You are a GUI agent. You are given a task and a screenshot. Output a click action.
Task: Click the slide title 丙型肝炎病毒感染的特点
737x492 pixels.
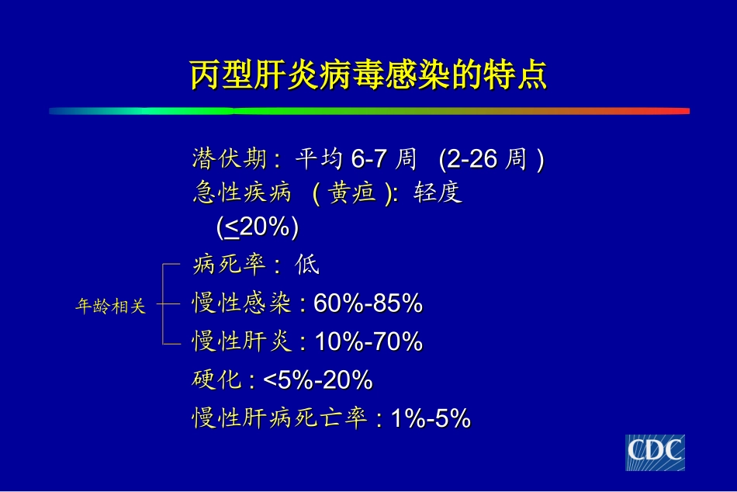(x=368, y=75)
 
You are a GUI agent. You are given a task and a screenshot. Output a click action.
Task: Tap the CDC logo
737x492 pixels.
(x=656, y=452)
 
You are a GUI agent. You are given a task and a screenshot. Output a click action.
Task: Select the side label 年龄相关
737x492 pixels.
(x=110, y=307)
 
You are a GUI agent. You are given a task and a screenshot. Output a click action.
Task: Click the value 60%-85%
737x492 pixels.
(x=368, y=304)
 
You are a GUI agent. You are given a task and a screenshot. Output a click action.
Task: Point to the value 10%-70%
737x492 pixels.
(x=368, y=342)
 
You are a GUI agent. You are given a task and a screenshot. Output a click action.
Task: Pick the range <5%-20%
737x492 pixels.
(x=318, y=381)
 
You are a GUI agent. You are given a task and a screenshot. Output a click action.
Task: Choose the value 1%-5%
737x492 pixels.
(x=431, y=419)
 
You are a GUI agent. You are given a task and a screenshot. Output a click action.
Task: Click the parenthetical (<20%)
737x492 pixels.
(x=258, y=228)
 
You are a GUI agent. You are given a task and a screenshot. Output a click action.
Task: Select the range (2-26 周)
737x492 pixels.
(x=491, y=160)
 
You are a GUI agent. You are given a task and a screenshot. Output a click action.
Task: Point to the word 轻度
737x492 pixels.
(x=438, y=192)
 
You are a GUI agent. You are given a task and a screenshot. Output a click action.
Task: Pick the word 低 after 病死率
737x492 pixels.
(x=307, y=266)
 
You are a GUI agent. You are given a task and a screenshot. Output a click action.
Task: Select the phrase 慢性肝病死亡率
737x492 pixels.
(x=279, y=419)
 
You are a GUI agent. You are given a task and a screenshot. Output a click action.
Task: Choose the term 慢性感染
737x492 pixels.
(x=241, y=304)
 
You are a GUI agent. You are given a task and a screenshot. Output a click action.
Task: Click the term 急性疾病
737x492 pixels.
(x=241, y=192)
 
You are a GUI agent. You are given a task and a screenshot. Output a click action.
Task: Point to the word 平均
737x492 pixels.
(x=318, y=160)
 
